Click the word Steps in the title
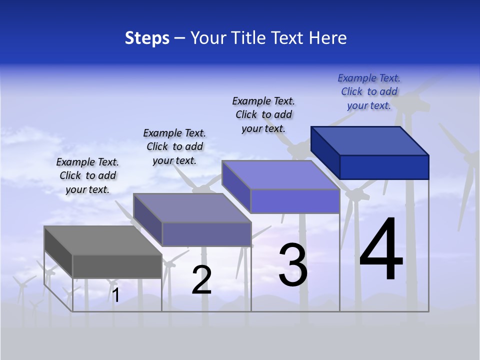coord(147,38)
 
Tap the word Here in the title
coord(328,38)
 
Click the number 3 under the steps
coord(293,265)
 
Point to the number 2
coord(201,280)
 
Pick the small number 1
coord(116,295)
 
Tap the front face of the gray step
coord(117,266)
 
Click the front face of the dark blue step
coord(384,167)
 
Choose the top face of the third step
coord(280,175)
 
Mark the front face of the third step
coord(295,201)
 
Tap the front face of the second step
coord(206,234)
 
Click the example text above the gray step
coord(87,176)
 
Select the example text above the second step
coord(174,146)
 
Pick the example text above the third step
coord(263,114)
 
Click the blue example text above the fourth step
coord(369,91)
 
